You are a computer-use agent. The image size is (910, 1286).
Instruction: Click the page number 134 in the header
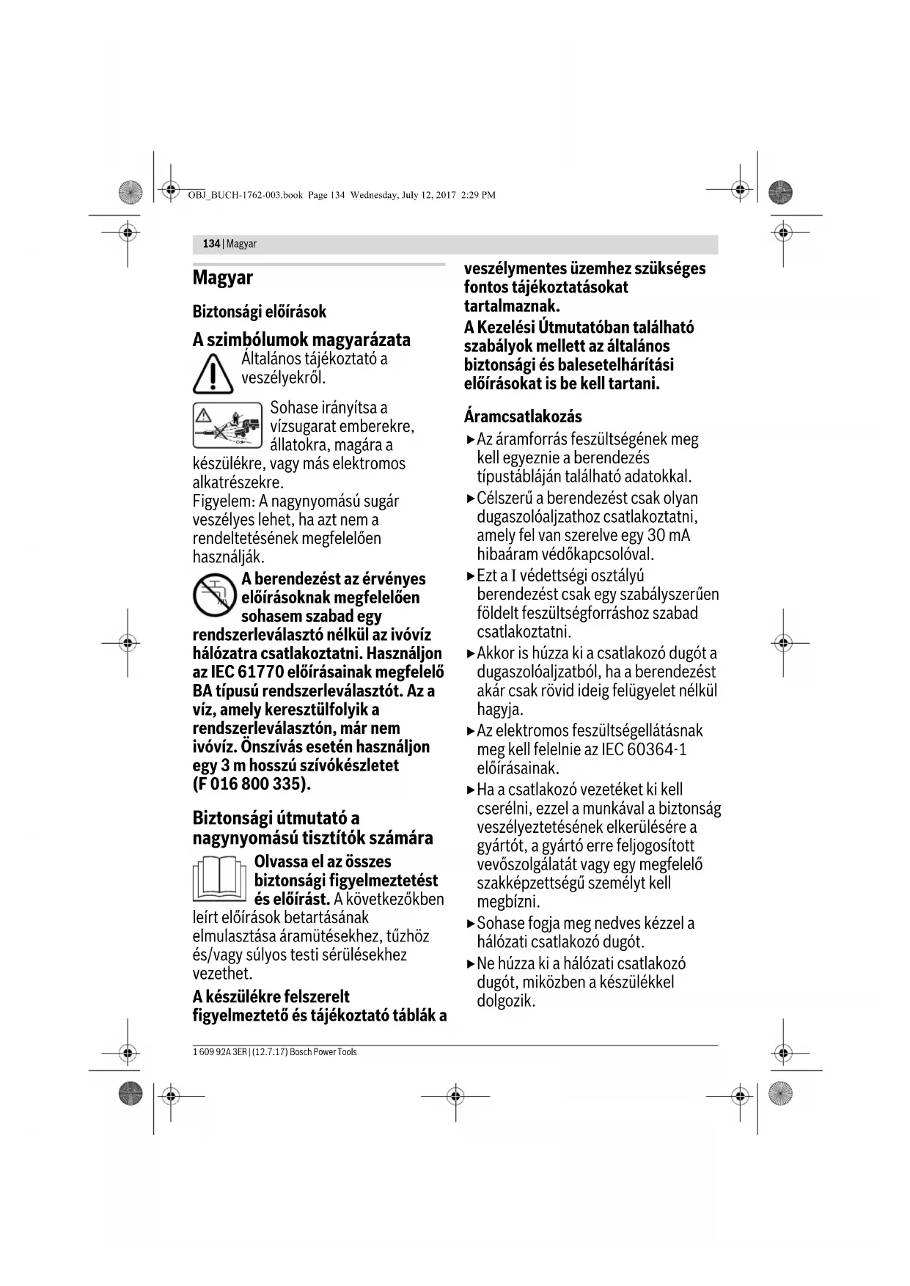[x=211, y=244]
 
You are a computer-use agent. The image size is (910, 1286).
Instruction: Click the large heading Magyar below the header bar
[x=222, y=278]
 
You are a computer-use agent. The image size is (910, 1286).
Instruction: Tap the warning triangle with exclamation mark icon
[x=213, y=373]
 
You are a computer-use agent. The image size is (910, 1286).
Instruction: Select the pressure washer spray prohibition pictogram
[x=227, y=425]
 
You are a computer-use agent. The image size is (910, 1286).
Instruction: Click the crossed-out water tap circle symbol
[x=214, y=595]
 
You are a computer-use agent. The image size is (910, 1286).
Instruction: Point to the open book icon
[x=220, y=878]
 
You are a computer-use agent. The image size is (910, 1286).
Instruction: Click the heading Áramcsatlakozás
[x=523, y=416]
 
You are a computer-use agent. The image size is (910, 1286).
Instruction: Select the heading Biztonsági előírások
[x=259, y=312]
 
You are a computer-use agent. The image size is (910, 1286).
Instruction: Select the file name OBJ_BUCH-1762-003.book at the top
[x=245, y=195]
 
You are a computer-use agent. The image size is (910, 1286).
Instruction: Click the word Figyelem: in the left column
[x=224, y=501]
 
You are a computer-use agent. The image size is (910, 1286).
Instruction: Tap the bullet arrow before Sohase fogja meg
[x=471, y=924]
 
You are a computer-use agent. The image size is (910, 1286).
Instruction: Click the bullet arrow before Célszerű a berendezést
[x=471, y=499]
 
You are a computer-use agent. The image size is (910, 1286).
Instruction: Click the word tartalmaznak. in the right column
[x=511, y=306]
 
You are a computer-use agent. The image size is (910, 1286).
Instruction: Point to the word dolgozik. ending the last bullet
[x=506, y=1001]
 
